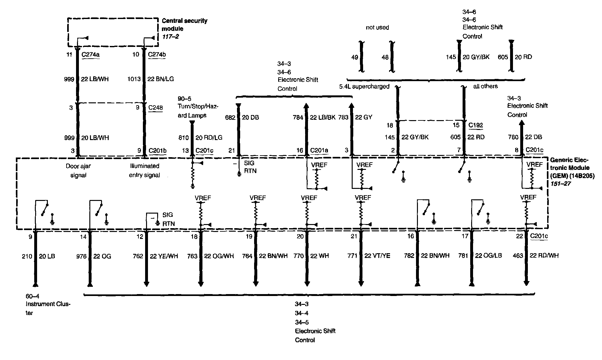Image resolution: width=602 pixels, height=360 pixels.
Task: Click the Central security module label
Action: (x=184, y=25)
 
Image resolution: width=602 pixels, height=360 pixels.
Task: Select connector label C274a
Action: (x=90, y=55)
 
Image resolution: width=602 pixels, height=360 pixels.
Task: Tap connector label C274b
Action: (x=157, y=55)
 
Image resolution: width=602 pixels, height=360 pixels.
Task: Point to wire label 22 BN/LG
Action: (x=160, y=79)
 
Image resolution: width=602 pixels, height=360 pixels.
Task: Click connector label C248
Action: (x=156, y=107)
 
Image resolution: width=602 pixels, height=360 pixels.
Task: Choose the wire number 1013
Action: (x=134, y=79)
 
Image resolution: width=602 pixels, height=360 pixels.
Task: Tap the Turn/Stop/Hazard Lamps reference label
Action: (x=198, y=107)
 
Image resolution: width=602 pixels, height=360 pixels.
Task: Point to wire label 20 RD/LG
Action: (x=209, y=138)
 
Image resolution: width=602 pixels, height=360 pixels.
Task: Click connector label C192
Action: (x=476, y=125)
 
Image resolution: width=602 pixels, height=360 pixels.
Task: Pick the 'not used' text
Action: (x=377, y=28)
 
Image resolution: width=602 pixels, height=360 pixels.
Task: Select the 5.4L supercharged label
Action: (x=364, y=87)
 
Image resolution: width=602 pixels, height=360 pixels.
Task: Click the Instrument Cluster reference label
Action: (x=48, y=304)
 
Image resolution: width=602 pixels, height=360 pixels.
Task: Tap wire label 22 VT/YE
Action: (x=377, y=256)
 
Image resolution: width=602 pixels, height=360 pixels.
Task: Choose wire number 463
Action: (x=518, y=255)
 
